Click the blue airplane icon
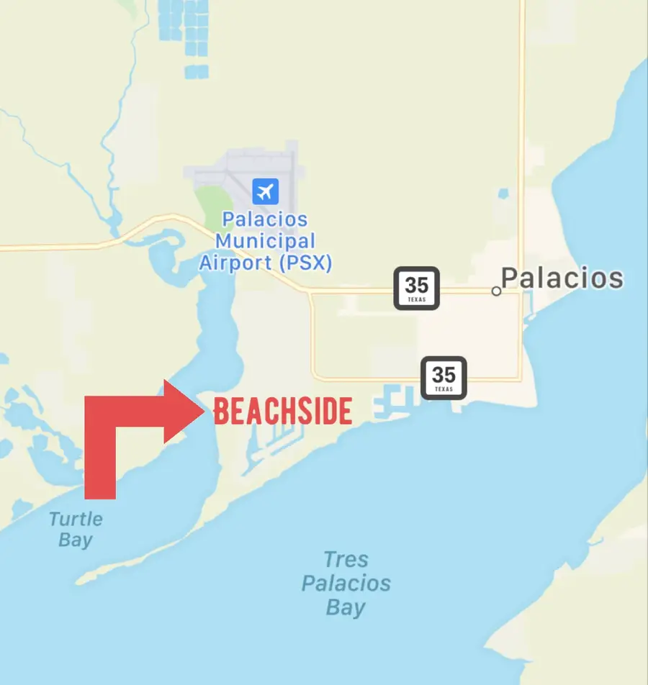pyautogui.click(x=265, y=192)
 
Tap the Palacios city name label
pyautogui.click(x=562, y=278)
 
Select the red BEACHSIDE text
pyautogui.click(x=283, y=412)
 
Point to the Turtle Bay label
pyautogui.click(x=76, y=529)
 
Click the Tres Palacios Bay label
pyautogui.click(x=346, y=583)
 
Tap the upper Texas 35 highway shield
pyautogui.click(x=416, y=288)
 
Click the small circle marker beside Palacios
pyautogui.click(x=496, y=291)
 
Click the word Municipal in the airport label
pyautogui.click(x=265, y=241)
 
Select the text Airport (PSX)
pyautogui.click(x=265, y=263)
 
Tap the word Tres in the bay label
pyautogui.click(x=346, y=559)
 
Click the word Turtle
pyautogui.click(x=76, y=519)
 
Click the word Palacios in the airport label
pyautogui.click(x=265, y=219)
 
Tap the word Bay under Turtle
pyautogui.click(x=76, y=540)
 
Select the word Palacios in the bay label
pyautogui.click(x=346, y=583)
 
